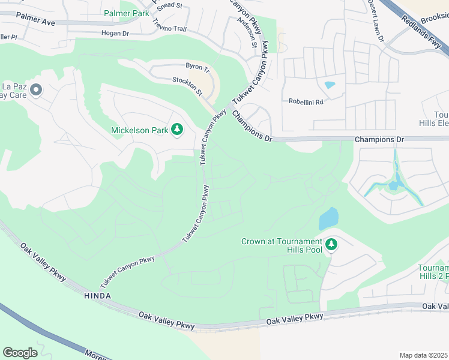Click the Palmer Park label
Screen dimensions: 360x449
coord(126,13)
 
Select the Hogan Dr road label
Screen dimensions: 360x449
coord(115,34)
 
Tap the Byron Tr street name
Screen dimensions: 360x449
coord(197,68)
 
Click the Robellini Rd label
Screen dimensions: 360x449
coord(306,102)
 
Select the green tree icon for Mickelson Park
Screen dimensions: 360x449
coord(177,130)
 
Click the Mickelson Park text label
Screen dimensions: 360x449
coord(139,130)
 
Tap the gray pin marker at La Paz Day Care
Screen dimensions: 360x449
coord(35,91)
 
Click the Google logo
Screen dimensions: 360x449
coord(20,352)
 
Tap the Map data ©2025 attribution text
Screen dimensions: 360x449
coord(423,355)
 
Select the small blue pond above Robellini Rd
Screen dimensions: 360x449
coord(330,85)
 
